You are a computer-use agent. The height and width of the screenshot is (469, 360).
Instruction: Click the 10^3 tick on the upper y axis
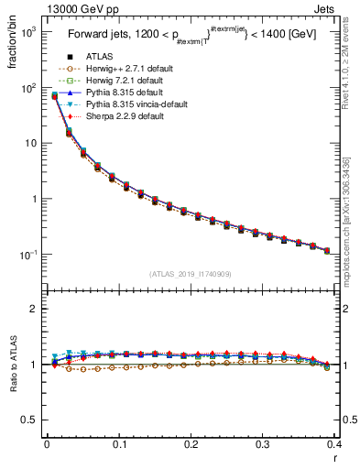click(29, 32)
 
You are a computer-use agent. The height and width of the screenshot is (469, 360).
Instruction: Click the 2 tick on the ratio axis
click(35, 309)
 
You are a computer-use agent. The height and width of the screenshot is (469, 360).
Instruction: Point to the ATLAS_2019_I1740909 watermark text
click(189, 274)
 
